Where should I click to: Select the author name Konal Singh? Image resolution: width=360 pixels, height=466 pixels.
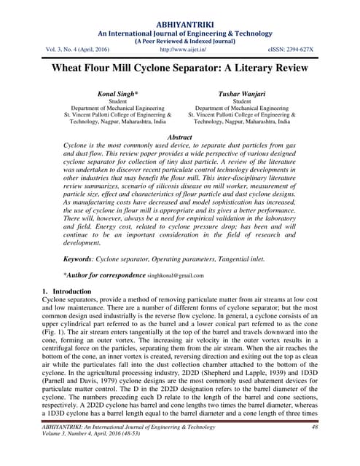[x=117, y=95]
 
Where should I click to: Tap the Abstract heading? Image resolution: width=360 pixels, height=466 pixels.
[x=179, y=137]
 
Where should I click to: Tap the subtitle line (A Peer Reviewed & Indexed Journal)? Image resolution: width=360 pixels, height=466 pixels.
[x=179, y=41]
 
